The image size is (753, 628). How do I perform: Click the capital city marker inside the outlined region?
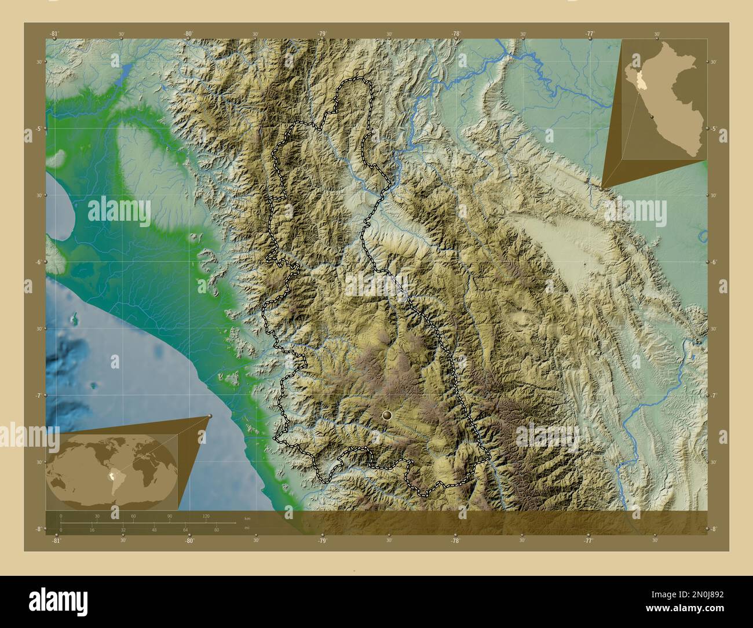387,415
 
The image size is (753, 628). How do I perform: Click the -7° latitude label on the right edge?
714,396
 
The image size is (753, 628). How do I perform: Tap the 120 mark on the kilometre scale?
206,516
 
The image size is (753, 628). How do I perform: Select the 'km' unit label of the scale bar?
247,518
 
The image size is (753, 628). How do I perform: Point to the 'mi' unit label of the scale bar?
247,528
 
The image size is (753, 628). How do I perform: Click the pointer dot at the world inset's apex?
210,416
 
